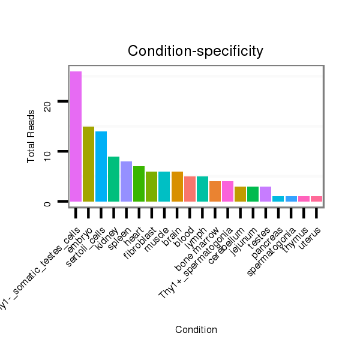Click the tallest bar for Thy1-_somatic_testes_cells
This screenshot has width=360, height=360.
(x=76, y=136)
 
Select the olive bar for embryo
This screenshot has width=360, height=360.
(x=88, y=164)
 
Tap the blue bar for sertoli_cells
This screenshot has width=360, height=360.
(x=101, y=166)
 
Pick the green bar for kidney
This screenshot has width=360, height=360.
(x=113, y=179)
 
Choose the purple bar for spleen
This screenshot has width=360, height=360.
(x=126, y=181)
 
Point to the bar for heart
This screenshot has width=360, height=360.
(x=139, y=184)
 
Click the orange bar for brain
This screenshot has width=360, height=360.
(x=177, y=186)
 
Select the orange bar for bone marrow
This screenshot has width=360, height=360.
(x=215, y=191)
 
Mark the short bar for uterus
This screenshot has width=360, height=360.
(x=316, y=199)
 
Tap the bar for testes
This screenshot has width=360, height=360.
(x=265, y=194)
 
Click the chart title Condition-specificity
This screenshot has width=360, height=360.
(x=196, y=52)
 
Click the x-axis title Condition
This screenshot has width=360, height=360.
(x=196, y=329)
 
